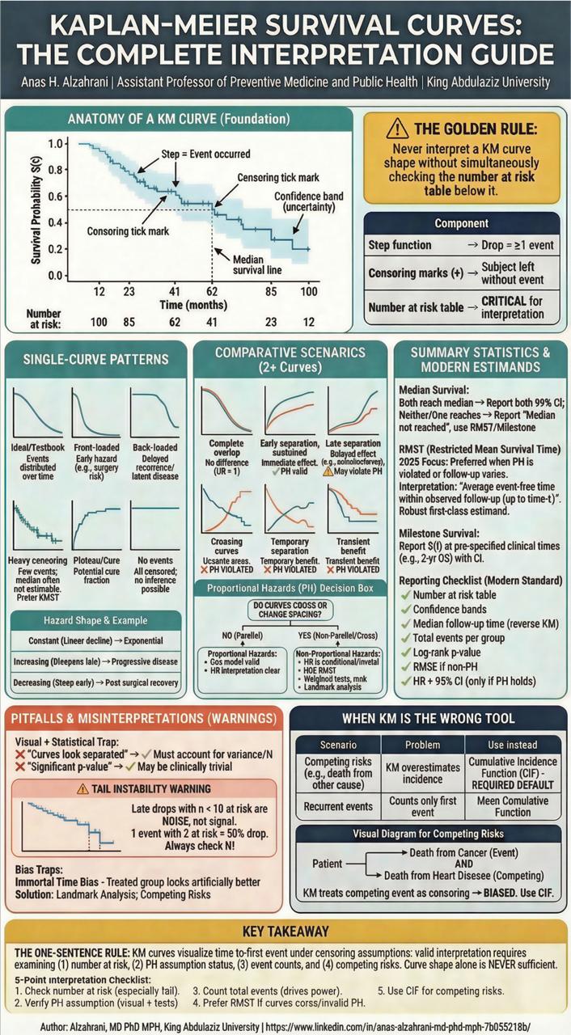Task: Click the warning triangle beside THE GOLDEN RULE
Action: [x=397, y=128]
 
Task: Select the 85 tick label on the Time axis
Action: [x=271, y=290]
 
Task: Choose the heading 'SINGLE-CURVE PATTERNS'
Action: [x=96, y=359]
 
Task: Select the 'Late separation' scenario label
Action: [x=352, y=443]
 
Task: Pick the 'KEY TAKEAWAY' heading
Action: [x=285, y=931]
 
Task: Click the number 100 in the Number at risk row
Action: [x=99, y=322]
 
